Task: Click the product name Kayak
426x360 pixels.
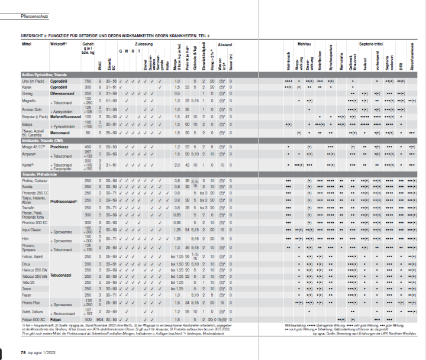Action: [27, 87]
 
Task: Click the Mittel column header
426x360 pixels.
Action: [26, 44]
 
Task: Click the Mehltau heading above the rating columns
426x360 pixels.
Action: [305, 44]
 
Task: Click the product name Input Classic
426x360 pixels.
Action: [30, 229]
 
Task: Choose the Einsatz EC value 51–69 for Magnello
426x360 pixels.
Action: [111, 101]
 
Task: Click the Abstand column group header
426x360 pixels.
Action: [225, 44]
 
